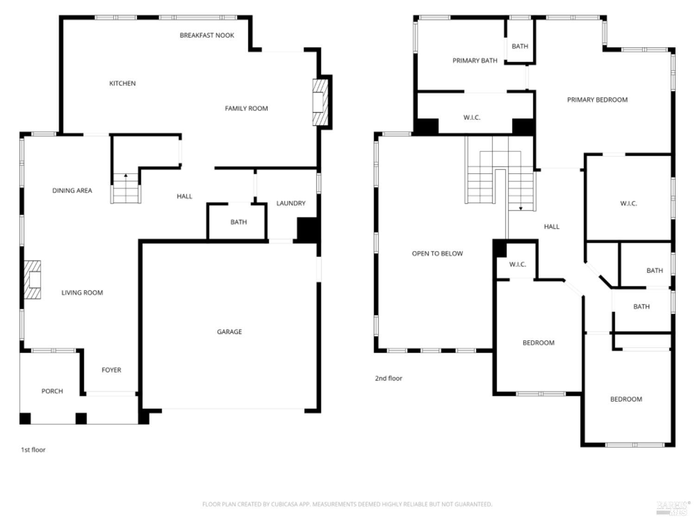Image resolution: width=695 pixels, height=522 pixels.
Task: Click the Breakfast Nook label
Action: pyautogui.click(x=207, y=35)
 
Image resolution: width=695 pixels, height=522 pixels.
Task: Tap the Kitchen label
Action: pyautogui.click(x=122, y=84)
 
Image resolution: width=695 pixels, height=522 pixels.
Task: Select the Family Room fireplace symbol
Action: pyautogui.click(x=320, y=102)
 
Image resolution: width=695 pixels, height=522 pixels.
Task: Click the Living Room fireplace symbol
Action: pyautogui.click(x=33, y=280)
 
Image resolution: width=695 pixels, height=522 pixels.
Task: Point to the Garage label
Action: pyautogui.click(x=229, y=332)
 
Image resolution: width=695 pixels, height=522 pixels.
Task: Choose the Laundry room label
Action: pyautogui.click(x=291, y=203)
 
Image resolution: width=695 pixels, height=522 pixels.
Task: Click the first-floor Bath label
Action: pyautogui.click(x=239, y=222)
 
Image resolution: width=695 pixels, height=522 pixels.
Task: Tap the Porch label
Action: pyautogui.click(x=52, y=391)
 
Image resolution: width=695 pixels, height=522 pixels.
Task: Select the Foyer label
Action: pyautogui.click(x=111, y=370)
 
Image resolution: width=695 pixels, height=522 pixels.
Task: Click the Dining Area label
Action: pyautogui.click(x=72, y=190)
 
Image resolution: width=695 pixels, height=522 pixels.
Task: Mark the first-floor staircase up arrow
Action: pyautogui.click(x=126, y=176)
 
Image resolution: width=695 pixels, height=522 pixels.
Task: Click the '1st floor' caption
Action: pyautogui.click(x=33, y=450)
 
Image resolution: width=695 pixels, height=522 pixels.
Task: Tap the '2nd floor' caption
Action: pyautogui.click(x=388, y=378)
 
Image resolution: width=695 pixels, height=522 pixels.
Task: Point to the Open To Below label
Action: pyautogui.click(x=437, y=253)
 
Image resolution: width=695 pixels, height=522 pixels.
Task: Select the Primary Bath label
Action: pyautogui.click(x=474, y=61)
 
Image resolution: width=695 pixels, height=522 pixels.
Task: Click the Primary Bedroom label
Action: pyautogui.click(x=597, y=100)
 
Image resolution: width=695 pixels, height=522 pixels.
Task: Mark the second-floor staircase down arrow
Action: pyautogui.click(x=521, y=208)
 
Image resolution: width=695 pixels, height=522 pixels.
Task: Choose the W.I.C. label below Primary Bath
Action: pyautogui.click(x=472, y=117)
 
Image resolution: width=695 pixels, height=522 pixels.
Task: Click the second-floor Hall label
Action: pyautogui.click(x=551, y=226)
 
